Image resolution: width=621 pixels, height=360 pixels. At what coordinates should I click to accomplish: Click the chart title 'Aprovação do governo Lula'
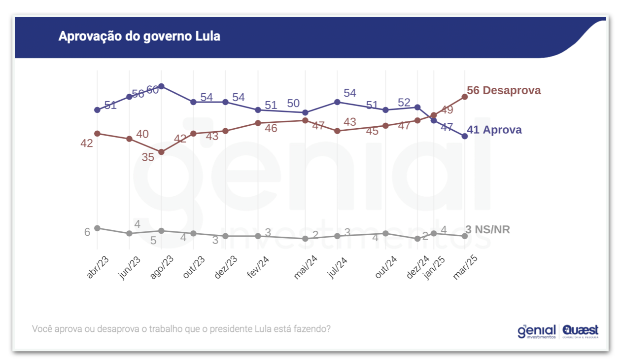(x=139, y=36)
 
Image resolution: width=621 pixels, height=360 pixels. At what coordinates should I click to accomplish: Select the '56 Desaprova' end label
(x=504, y=91)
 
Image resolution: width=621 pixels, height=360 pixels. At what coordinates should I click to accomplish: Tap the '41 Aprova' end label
(x=494, y=130)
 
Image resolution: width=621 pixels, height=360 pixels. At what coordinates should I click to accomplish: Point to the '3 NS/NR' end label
(x=488, y=229)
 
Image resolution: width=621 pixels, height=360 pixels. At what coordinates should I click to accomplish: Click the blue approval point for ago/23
(x=161, y=86)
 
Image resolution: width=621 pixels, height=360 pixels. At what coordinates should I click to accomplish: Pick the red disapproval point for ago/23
(x=161, y=152)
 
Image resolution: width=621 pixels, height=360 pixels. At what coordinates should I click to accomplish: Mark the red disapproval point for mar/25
(x=464, y=97)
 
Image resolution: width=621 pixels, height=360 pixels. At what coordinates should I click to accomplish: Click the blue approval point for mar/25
(x=464, y=136)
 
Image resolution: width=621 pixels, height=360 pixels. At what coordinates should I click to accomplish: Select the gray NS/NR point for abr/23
(x=97, y=228)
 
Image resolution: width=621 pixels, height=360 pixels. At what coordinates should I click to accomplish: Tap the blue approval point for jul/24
(x=337, y=102)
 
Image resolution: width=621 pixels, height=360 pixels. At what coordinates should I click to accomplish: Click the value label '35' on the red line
(x=148, y=158)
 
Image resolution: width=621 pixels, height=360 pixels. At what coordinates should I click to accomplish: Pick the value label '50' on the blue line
(x=293, y=104)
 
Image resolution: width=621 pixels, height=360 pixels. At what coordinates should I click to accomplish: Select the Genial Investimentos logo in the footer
(x=536, y=331)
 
